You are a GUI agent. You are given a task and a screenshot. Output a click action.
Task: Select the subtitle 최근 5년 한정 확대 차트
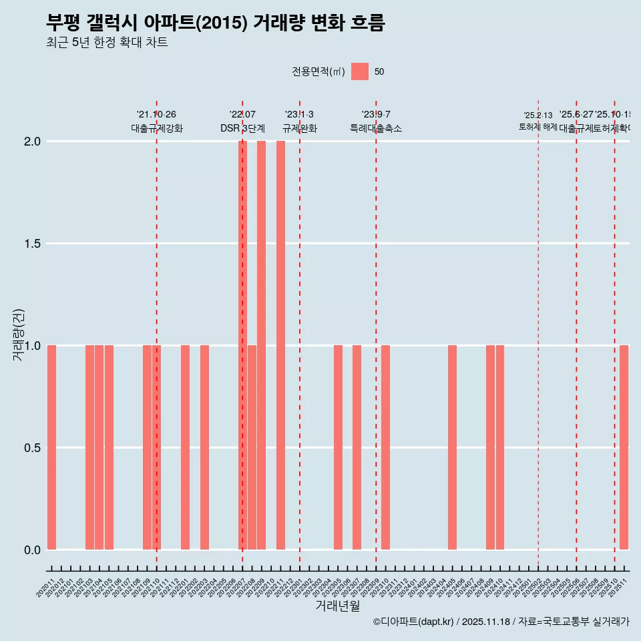pos(107,43)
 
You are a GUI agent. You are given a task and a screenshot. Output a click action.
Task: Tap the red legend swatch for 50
pos(360,71)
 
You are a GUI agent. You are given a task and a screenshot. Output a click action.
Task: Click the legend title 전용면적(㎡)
pos(318,72)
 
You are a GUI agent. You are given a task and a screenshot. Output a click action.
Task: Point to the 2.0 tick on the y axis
pos(33,142)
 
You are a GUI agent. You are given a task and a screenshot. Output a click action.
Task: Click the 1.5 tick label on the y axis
pos(33,244)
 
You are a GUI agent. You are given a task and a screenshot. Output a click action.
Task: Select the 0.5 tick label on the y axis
pos(33,448)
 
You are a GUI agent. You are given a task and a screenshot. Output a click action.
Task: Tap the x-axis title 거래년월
pos(337,606)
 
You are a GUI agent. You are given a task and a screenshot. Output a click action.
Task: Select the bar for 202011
pos(51,447)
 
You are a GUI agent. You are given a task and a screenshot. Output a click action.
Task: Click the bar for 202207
pos(242,345)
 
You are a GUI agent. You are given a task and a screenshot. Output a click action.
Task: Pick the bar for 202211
pos(280,345)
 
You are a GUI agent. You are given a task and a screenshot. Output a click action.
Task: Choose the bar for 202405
pos(452,447)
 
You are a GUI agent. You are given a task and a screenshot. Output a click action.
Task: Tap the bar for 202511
pos(624,447)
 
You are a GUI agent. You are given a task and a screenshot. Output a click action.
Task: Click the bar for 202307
pos(357,447)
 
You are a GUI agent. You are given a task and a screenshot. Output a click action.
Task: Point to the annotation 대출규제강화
pos(156,129)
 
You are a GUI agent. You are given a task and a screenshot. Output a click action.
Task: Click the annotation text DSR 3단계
pos(242,129)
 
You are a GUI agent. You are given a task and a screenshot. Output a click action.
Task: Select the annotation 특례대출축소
pos(376,129)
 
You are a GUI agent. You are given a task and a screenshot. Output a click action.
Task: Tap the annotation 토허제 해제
pos(538,127)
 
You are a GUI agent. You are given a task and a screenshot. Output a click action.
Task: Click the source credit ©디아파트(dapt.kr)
pos(413,622)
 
